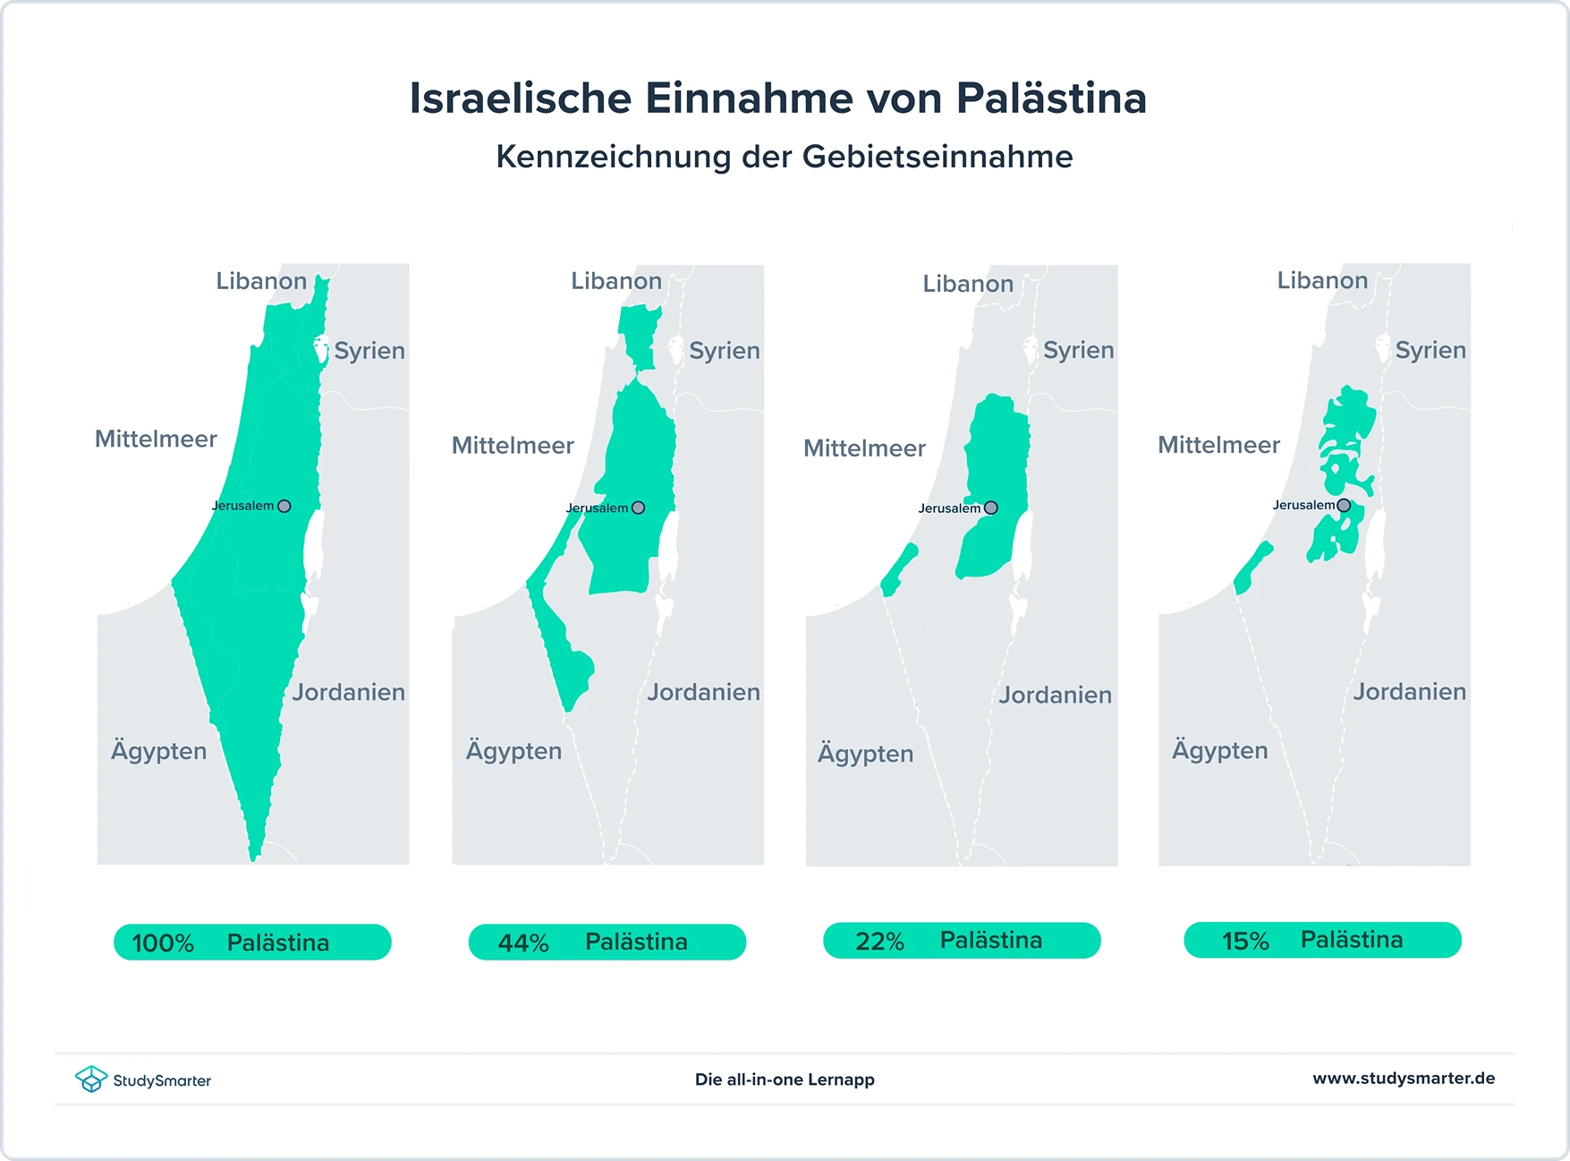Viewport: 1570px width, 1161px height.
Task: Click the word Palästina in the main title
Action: (x=1051, y=98)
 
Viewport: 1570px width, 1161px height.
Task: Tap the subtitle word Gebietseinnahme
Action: (x=938, y=158)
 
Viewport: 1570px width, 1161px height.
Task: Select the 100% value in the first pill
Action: (x=163, y=943)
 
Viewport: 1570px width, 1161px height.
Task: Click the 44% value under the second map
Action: (x=523, y=943)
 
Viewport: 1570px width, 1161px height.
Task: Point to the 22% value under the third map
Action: (x=879, y=942)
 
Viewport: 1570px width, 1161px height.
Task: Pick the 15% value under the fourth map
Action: (x=1245, y=942)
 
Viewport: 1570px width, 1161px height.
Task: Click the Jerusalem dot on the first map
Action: (x=284, y=506)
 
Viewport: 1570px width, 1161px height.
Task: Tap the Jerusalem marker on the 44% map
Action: (x=638, y=508)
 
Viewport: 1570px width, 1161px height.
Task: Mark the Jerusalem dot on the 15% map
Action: (x=1344, y=506)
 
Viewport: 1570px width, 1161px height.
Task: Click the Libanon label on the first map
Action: (x=261, y=281)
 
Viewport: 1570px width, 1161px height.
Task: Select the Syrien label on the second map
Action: (x=725, y=351)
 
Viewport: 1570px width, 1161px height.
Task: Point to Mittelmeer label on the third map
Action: (x=864, y=448)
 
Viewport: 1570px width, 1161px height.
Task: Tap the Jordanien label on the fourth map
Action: (x=1409, y=692)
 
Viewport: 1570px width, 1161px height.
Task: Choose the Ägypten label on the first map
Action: (x=158, y=751)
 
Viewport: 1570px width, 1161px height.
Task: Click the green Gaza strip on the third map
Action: (x=899, y=570)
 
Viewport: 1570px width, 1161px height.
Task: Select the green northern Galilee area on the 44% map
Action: (x=639, y=331)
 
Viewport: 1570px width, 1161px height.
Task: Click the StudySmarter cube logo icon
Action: (x=90, y=1079)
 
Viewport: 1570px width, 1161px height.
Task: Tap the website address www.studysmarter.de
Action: (x=1404, y=1079)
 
